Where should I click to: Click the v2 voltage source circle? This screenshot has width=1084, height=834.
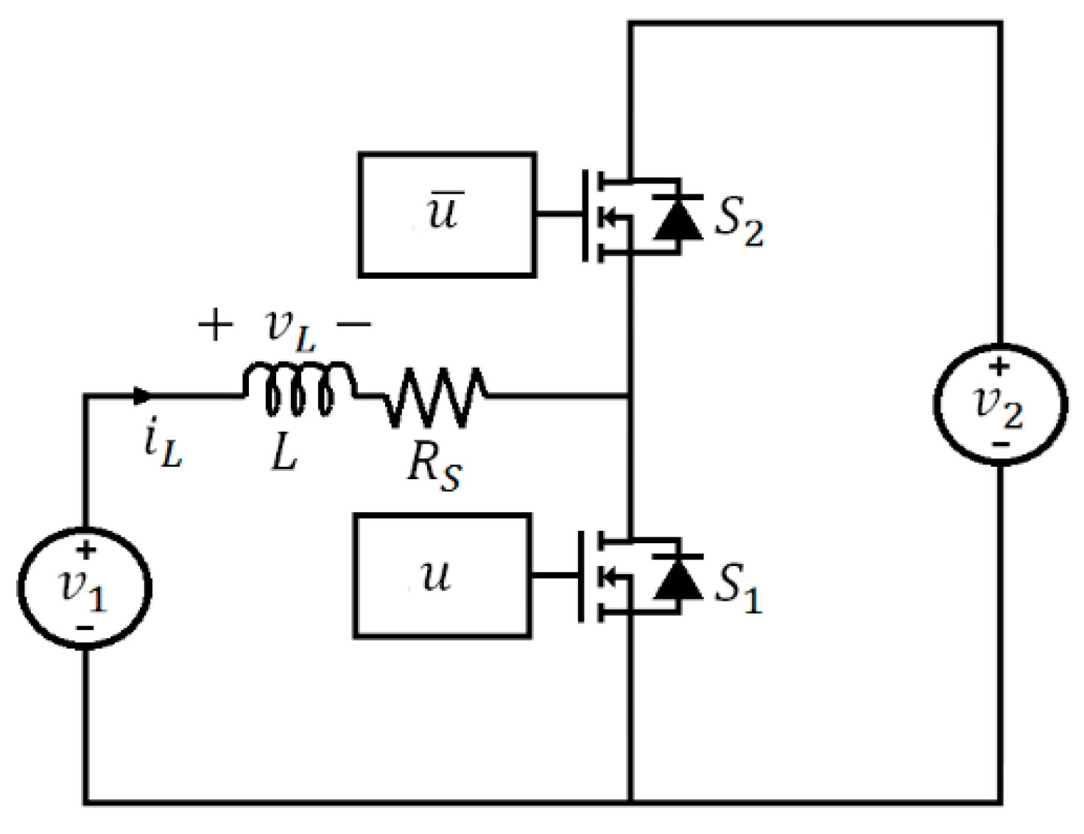1000,404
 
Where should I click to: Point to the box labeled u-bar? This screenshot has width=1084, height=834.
447,215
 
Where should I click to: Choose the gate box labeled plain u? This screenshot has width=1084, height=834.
442,575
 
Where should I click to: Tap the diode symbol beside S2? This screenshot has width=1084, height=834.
677,219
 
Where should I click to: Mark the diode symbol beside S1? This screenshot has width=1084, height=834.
677,578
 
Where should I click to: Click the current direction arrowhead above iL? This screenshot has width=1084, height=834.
142,396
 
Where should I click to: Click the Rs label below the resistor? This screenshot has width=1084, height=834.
434,467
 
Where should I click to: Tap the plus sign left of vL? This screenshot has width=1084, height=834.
216,325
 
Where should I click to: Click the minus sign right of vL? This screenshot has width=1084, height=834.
354,323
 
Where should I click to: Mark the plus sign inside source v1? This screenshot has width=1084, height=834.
86,549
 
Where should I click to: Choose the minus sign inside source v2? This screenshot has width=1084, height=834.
1000,444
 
